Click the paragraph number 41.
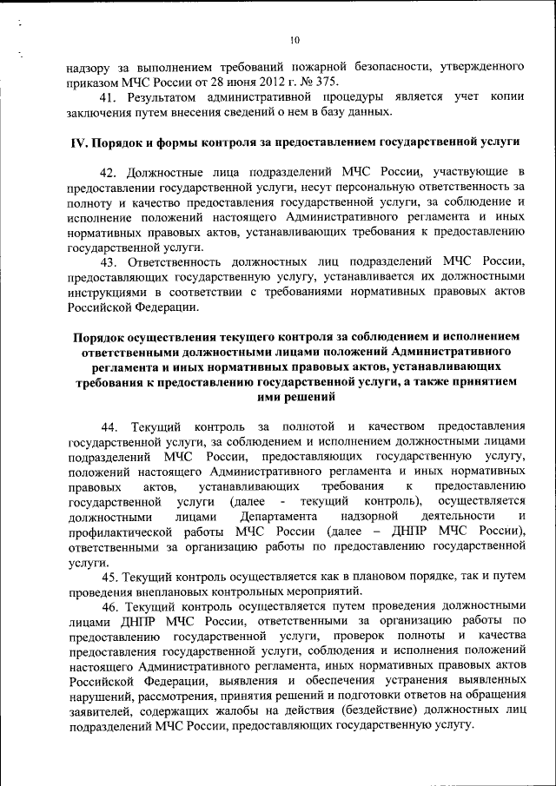110,96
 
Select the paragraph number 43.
110,261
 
